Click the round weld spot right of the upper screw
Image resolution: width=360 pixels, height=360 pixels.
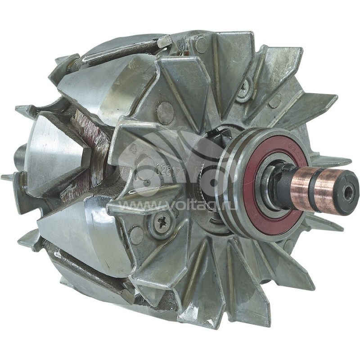tap(275, 101)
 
